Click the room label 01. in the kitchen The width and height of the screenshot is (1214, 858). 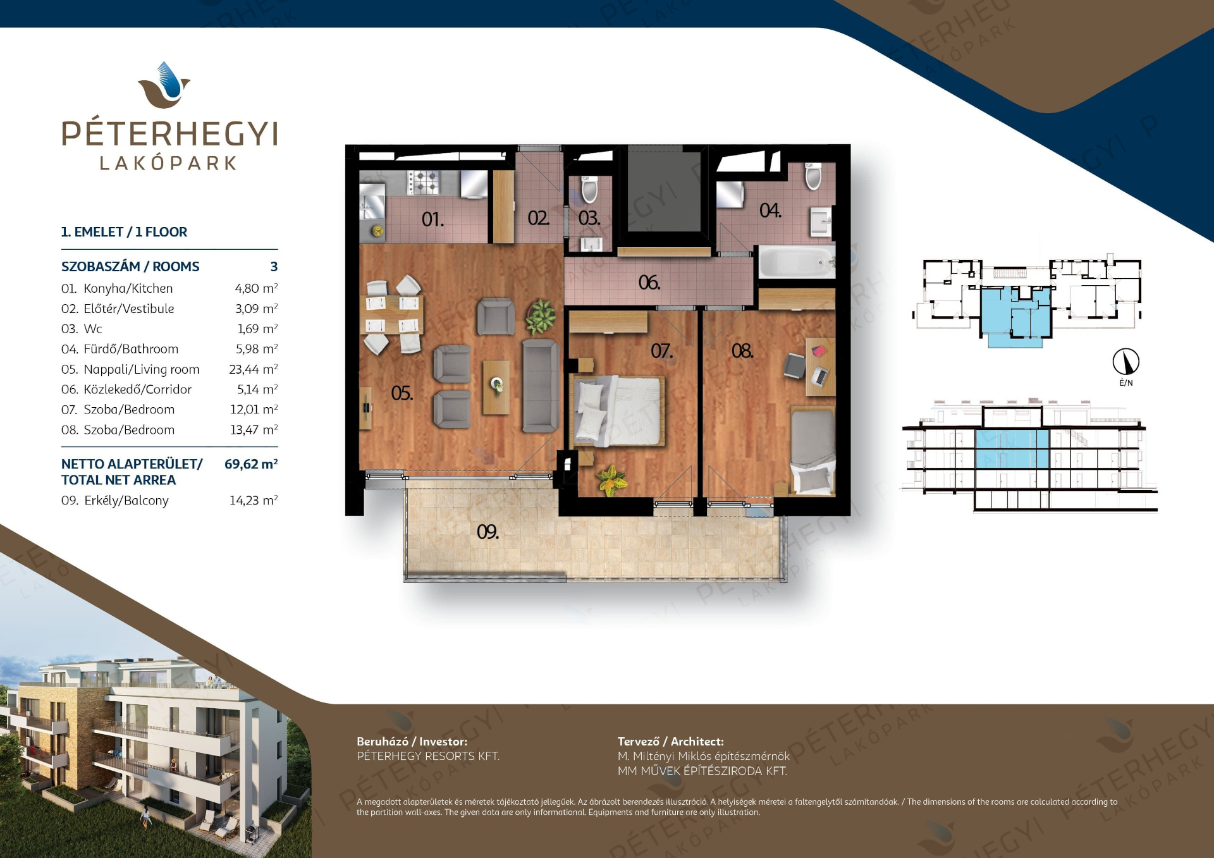pos(432,219)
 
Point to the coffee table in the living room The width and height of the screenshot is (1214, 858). pos(496,388)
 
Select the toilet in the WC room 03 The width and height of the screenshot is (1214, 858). pos(589,188)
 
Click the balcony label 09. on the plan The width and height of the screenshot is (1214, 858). pos(487,532)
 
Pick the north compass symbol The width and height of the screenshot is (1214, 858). pos(1126,362)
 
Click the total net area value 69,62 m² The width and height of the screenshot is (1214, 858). pos(251,464)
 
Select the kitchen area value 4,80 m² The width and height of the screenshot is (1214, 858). pos(256,288)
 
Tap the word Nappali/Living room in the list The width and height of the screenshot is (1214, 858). pos(142,369)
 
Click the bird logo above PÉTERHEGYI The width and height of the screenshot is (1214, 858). pos(164,85)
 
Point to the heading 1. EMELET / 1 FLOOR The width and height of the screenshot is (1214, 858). pos(124,232)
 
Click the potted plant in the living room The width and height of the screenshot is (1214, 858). pos(540,316)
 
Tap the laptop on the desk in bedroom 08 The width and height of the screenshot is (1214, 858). pos(819,376)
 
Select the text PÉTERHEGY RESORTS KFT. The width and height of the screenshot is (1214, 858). pos(428,756)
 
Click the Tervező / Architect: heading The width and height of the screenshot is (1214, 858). pos(671,742)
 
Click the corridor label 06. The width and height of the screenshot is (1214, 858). pos(649,283)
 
